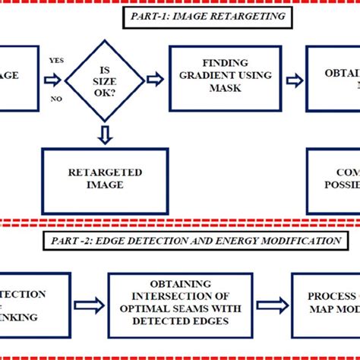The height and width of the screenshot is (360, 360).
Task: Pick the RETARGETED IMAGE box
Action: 105,180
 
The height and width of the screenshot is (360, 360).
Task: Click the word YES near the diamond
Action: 55,60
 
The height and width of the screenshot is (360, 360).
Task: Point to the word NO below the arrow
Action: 55,99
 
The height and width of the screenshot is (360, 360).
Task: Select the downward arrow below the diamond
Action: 105,134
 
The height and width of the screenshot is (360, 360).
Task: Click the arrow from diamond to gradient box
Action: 154,78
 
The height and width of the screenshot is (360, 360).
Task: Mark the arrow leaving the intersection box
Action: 273,305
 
